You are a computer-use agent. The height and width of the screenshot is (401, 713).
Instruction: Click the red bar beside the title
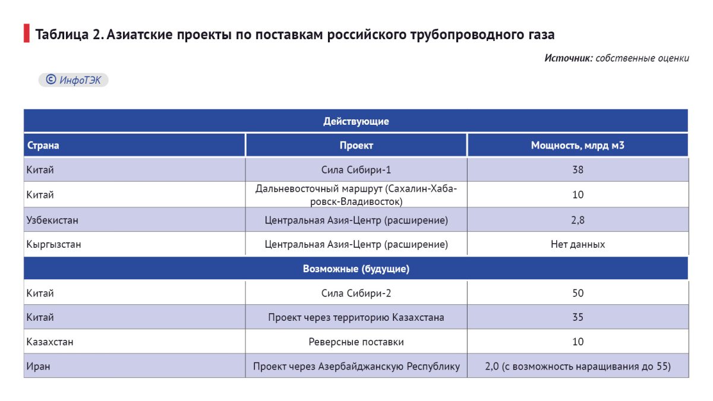tap(26, 34)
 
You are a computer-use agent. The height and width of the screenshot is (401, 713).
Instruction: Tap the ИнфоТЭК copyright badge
tap(74, 80)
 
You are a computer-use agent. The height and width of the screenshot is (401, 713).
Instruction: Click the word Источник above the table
tap(568, 58)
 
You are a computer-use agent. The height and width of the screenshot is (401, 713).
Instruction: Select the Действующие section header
tap(356, 121)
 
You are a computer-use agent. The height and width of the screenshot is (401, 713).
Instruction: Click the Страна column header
tap(43, 146)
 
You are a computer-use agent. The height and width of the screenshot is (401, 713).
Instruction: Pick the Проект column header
tap(356, 146)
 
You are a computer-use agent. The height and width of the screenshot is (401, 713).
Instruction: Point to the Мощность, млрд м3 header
tap(577, 146)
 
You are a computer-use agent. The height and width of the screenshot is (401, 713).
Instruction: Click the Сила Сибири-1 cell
tap(356, 170)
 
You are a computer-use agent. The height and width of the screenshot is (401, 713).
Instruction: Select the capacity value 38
tap(577, 170)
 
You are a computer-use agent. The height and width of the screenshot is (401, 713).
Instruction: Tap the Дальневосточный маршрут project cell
tap(356, 195)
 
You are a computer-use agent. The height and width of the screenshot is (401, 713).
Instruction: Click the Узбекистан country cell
tap(52, 220)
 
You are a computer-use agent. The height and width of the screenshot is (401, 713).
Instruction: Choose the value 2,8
tap(577, 220)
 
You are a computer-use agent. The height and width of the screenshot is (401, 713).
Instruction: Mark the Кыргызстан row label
tap(53, 244)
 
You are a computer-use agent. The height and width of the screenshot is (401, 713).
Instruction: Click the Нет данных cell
tap(577, 244)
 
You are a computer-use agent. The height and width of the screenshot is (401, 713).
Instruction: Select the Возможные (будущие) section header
tap(356, 269)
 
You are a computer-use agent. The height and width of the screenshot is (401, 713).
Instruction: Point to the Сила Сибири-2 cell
tap(356, 293)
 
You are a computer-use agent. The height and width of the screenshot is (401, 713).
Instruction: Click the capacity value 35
tap(577, 317)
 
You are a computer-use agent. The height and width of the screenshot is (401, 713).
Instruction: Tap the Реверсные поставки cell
tap(356, 342)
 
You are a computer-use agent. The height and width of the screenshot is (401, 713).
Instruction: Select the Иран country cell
tap(38, 366)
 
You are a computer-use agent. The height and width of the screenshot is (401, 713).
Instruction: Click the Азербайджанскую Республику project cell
tap(356, 366)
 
